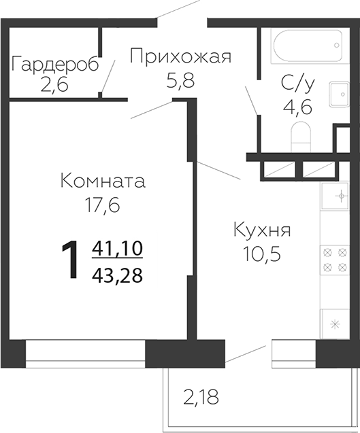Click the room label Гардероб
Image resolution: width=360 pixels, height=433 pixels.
55,65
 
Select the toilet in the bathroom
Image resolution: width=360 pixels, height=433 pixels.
301,139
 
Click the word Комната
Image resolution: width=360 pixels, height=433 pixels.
103,181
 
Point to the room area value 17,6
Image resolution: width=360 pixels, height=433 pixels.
103,205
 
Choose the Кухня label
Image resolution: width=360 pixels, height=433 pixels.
262,230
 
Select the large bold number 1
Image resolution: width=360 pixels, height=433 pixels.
70,261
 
